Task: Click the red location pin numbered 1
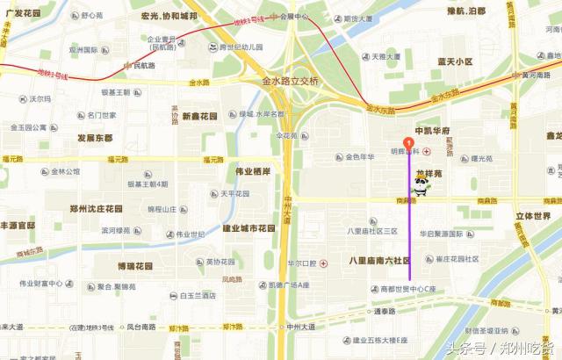407,144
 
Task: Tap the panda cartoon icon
421,185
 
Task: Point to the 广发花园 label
23,14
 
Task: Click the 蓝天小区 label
455,61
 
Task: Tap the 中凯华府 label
431,131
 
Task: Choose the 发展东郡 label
95,138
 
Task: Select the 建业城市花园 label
255,228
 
